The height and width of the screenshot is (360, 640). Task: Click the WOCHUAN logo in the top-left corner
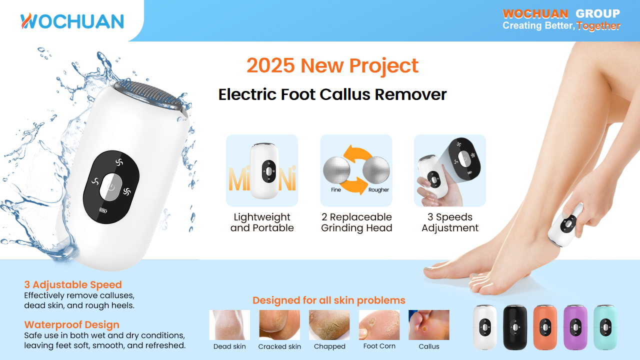(x=72, y=21)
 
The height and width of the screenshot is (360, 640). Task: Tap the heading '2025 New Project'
(x=332, y=65)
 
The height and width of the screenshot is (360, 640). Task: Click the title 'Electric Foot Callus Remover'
(x=332, y=94)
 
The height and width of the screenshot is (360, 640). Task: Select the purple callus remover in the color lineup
(x=575, y=327)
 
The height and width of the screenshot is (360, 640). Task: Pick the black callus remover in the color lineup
(x=515, y=327)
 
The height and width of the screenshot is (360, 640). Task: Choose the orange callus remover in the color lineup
(x=545, y=327)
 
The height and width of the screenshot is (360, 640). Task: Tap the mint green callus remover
(x=605, y=327)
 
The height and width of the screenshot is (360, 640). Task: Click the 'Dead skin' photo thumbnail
(x=229, y=325)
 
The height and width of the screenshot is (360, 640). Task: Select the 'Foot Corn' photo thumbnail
(x=379, y=325)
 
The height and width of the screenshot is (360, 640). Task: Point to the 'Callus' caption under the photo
(x=429, y=346)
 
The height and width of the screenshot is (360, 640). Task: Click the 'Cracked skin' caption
(x=279, y=346)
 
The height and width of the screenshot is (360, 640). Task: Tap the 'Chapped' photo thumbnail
(x=329, y=325)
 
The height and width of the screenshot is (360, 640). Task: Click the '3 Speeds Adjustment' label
(x=450, y=222)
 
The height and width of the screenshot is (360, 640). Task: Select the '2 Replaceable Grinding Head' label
(x=356, y=222)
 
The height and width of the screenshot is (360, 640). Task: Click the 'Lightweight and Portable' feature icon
(x=262, y=170)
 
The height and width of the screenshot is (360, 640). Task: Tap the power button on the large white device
(x=110, y=187)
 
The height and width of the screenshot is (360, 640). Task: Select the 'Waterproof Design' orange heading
(x=72, y=324)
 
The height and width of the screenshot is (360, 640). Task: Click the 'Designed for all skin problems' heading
(x=329, y=300)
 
